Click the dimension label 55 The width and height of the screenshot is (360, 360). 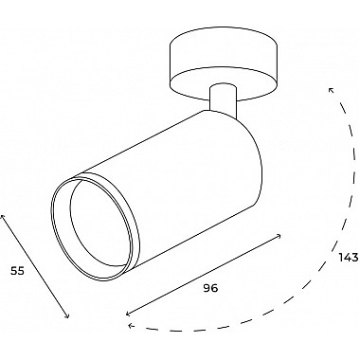pos(18,271)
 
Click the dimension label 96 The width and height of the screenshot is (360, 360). pos(210,288)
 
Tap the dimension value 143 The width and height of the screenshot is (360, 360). pos(349,258)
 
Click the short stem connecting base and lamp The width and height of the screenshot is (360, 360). pos(223,98)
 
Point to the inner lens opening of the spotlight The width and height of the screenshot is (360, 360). pos(99,224)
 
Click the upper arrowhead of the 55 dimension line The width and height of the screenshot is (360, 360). pos(3,216)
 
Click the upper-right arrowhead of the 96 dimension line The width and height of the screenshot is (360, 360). pos(279,235)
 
